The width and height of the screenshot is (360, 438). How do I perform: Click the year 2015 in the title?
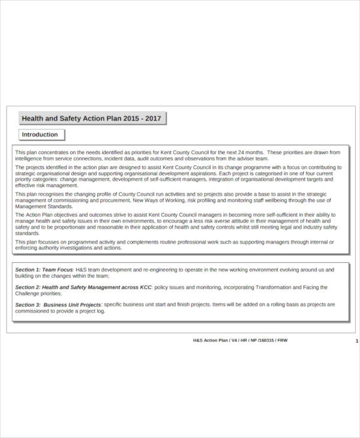click(131, 119)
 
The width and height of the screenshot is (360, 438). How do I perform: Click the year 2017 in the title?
click(153, 119)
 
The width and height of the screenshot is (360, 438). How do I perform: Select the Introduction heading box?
click(40, 135)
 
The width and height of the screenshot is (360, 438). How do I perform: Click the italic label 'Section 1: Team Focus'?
click(44, 270)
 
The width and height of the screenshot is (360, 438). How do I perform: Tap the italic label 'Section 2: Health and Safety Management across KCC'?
click(83, 287)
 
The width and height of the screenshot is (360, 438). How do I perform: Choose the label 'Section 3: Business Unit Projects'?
click(58, 305)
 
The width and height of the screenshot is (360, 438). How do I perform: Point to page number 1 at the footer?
click(357, 340)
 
